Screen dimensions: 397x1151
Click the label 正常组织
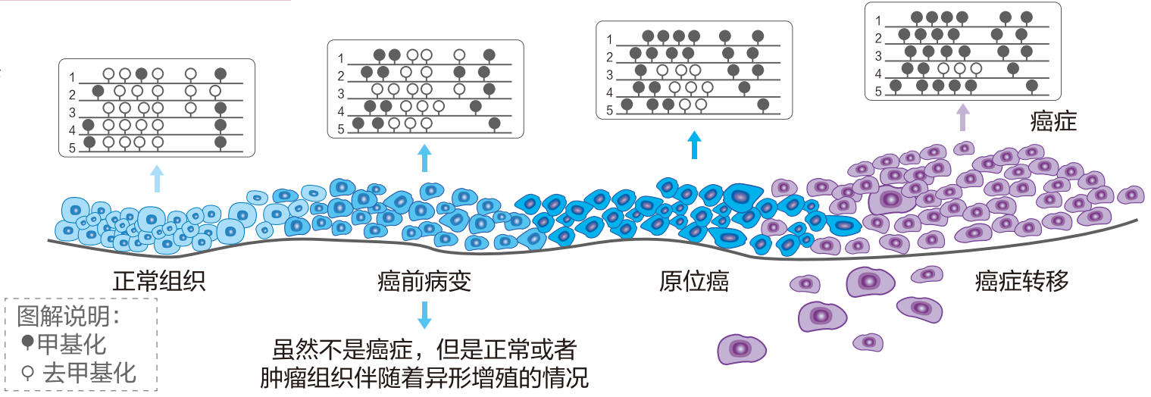[159, 282]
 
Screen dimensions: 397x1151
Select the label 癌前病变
[424, 282]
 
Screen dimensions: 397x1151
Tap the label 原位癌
[693, 282]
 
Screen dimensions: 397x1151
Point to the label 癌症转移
[1021, 282]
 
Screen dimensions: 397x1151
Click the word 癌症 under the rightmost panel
[1053, 122]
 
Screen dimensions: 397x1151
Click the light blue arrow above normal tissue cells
[156, 180]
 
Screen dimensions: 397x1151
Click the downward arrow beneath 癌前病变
[424, 314]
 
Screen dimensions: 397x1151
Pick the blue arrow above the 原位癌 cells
[693, 145]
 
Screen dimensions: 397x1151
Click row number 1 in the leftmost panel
[73, 77]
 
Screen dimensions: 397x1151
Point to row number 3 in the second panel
[341, 94]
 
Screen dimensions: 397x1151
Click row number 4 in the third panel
[609, 92]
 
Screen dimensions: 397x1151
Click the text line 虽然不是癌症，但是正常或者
[424, 350]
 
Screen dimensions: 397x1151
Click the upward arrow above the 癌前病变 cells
[424, 159]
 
